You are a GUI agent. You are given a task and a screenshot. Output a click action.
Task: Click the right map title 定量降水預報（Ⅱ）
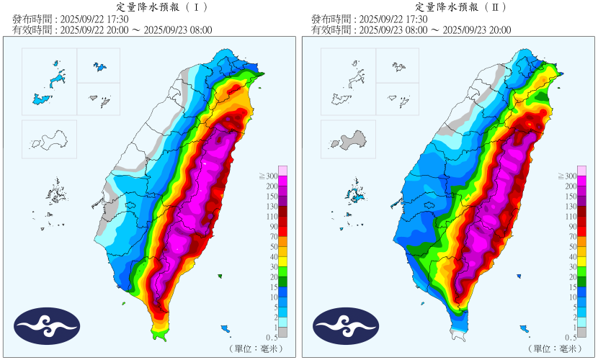pos(450,7)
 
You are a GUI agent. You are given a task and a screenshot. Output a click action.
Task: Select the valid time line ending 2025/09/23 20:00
pos(411,30)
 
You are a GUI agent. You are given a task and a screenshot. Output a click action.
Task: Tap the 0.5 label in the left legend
pos(271,337)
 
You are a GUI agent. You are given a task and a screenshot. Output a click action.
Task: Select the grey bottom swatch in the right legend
pos(581,332)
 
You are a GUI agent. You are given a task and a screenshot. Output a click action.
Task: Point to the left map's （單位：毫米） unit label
pos(256,348)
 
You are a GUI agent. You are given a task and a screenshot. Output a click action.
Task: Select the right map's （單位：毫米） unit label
pos(555,348)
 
